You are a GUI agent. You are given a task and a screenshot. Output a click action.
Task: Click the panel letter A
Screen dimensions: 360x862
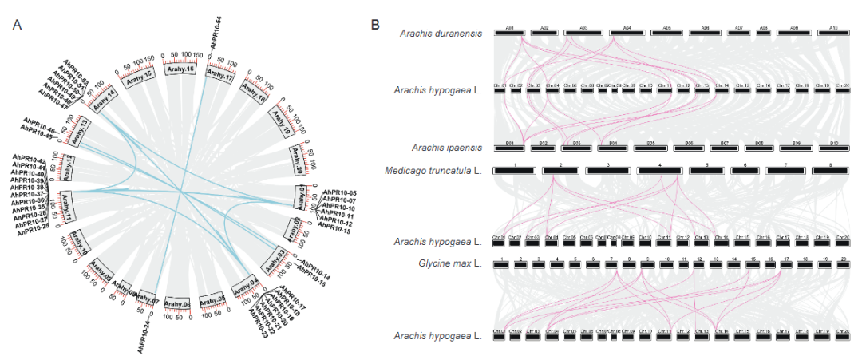(x=18, y=26)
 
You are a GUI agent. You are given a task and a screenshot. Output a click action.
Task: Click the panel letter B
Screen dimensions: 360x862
(x=376, y=26)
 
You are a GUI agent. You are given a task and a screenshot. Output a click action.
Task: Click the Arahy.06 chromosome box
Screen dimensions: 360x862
(x=176, y=303)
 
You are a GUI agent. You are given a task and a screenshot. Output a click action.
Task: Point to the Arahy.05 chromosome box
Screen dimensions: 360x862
(x=212, y=301)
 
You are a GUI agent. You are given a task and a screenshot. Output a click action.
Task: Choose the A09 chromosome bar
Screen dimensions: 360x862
(x=794, y=33)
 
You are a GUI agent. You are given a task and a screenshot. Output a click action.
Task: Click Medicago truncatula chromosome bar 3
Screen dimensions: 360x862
(x=608, y=170)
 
